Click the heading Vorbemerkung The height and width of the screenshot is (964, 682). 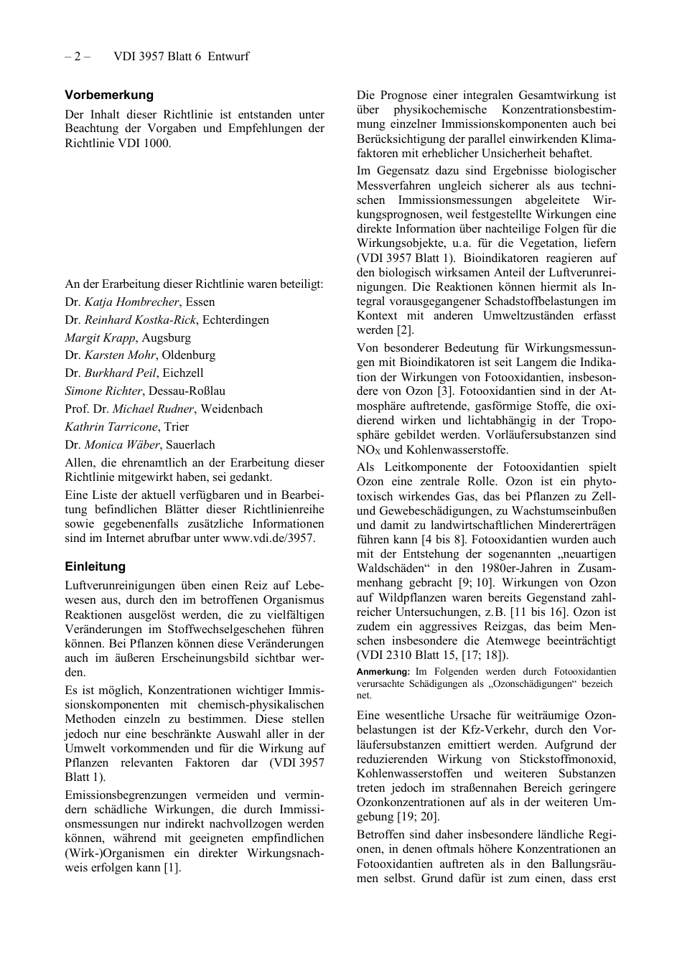pos(109,95)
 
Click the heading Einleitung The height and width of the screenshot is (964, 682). pos(95,566)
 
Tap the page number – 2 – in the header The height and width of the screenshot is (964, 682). pos(78,57)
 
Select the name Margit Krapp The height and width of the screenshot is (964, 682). pos(100,337)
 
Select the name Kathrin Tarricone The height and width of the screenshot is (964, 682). pos(111,427)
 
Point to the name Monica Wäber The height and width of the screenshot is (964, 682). pos(121,445)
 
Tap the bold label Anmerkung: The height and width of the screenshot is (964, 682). pos(383,672)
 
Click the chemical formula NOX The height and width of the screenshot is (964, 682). pos(368,450)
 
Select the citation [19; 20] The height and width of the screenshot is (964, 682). pos(418,817)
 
